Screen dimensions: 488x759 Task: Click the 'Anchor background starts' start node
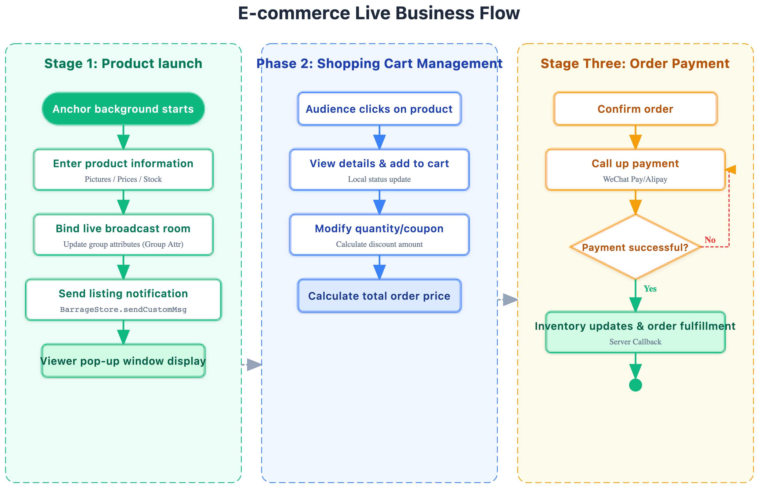tap(123, 109)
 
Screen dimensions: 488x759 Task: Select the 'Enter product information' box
tap(123, 163)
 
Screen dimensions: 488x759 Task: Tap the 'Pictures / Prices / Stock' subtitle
tap(123, 179)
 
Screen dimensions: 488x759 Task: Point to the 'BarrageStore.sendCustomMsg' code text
tap(123, 310)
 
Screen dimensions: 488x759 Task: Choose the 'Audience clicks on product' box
tap(379, 109)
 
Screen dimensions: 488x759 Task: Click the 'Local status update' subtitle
tap(379, 179)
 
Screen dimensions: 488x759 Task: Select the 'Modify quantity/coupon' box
tap(379, 229)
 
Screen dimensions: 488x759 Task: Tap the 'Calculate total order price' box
tap(379, 296)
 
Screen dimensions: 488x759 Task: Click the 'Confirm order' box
tap(635, 109)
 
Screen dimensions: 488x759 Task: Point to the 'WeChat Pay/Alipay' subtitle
tap(635, 179)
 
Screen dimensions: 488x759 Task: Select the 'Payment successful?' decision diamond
tap(635, 247)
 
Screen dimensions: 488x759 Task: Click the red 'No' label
tap(710, 240)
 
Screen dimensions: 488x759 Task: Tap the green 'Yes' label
tap(650, 289)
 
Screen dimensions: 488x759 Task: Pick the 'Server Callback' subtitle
tap(635, 342)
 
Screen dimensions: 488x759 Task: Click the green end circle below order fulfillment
tap(635, 385)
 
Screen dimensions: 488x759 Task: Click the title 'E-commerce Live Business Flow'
tap(379, 13)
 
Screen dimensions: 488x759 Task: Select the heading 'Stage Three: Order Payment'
tap(635, 64)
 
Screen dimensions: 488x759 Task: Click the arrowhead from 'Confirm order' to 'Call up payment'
tap(635, 142)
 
